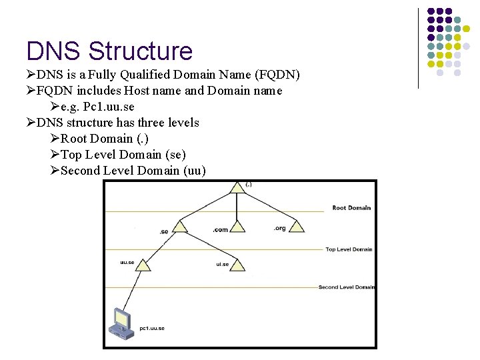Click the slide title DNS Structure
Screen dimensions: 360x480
click(109, 51)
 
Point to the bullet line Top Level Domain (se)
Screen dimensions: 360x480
click(119, 155)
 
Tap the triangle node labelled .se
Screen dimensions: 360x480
click(179, 227)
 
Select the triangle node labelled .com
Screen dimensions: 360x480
click(237, 227)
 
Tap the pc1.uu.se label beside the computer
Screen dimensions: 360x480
click(153, 328)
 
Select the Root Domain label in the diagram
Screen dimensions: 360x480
click(351, 208)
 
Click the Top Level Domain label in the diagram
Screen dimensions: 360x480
click(349, 249)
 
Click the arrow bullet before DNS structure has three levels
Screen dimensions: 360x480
click(31, 123)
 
